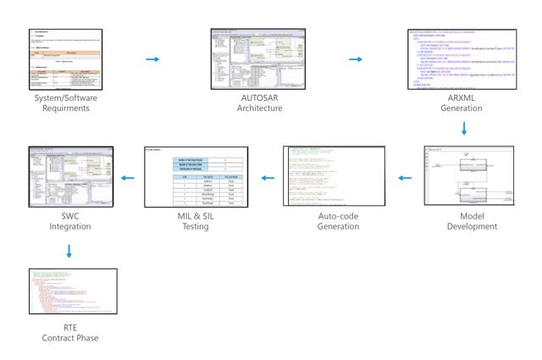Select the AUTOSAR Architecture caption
pyautogui.click(x=259, y=103)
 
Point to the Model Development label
pyautogui.click(x=473, y=221)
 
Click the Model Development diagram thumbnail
pyautogui.click(x=473, y=176)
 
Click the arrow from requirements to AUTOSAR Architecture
pyautogui.click(x=152, y=59)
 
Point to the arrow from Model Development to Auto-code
pyautogui.click(x=405, y=178)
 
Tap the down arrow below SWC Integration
pyautogui.click(x=69, y=251)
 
